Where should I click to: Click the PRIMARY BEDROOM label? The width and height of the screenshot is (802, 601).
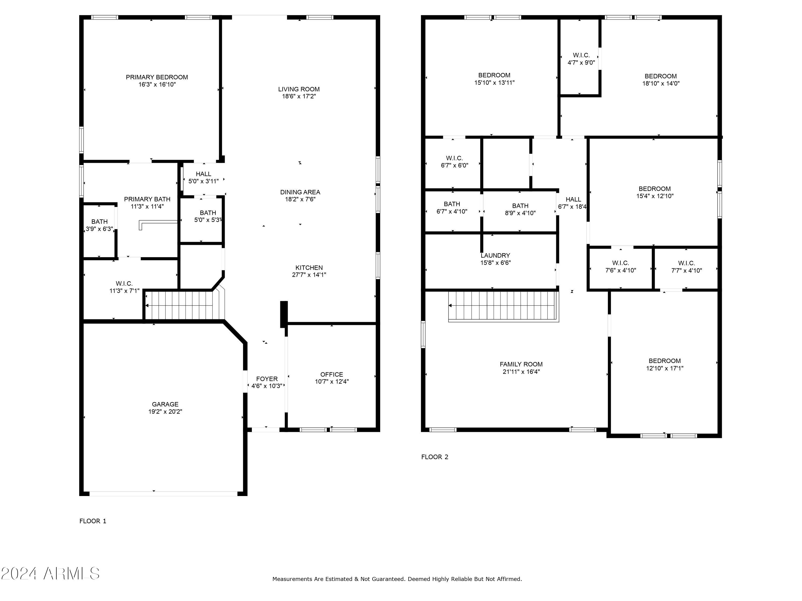[157, 77]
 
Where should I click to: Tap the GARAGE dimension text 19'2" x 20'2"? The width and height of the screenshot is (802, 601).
[165, 412]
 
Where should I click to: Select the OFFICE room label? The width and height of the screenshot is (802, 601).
[331, 374]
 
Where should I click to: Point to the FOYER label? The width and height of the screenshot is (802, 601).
[267, 379]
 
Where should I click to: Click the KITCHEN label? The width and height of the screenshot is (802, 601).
[309, 268]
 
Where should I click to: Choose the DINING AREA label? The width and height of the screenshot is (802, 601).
[300, 192]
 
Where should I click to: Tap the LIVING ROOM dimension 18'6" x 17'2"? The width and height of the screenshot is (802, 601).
[299, 96]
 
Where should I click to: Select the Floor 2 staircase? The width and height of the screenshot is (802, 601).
[504, 306]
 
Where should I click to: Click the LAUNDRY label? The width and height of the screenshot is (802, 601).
[495, 255]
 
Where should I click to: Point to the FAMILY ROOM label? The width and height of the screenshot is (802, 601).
[521, 364]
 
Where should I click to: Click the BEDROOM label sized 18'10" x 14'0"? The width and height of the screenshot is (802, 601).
[661, 76]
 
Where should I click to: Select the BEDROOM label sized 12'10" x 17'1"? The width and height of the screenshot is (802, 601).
[665, 361]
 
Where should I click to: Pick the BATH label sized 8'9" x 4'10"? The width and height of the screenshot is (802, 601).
[520, 206]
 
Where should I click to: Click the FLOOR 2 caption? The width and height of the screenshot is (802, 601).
[435, 457]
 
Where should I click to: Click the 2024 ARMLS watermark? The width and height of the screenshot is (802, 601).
[51, 573]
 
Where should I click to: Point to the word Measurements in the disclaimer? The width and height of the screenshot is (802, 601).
[292, 579]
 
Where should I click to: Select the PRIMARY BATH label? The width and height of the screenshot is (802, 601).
[147, 199]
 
